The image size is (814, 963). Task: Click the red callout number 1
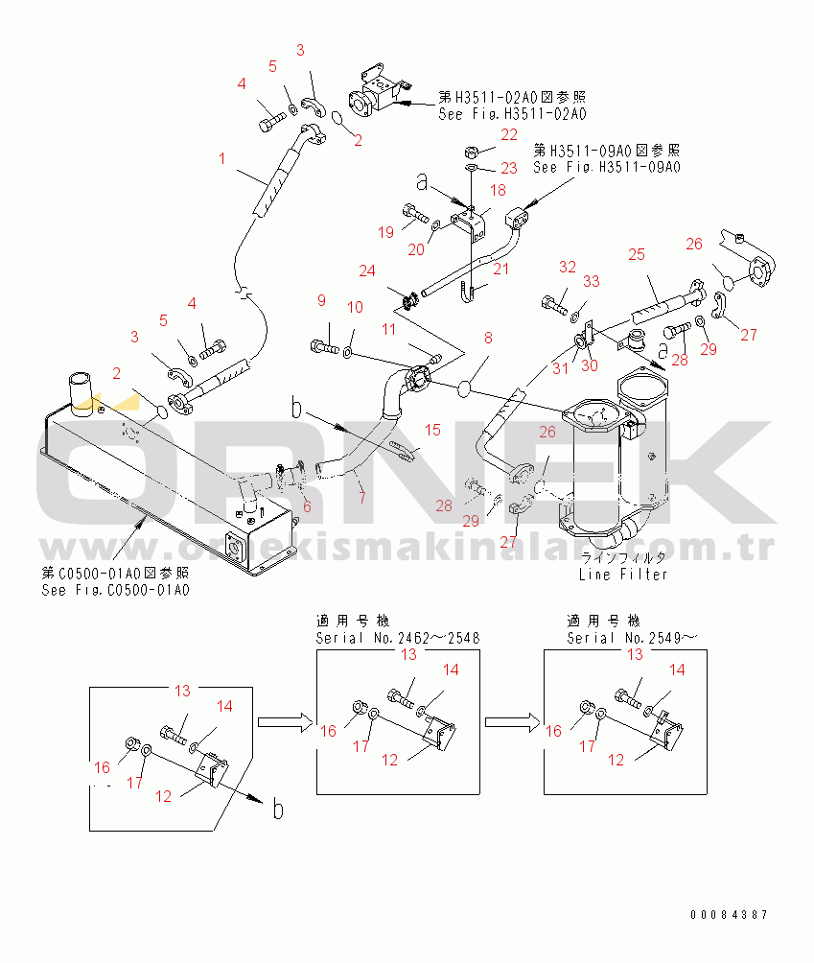coord(222,158)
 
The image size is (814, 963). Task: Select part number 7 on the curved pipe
coord(360,497)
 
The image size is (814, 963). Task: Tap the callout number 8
coord(488,338)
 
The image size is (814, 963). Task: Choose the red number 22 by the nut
coord(508,134)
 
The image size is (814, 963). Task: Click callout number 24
coord(367,270)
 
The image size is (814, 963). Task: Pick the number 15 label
coord(432,430)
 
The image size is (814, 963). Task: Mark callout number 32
coord(567,268)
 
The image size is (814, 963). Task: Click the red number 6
coord(307,507)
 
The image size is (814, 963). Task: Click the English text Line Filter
coord(622,575)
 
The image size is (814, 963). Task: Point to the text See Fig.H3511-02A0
coord(512,114)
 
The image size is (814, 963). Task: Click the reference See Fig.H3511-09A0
coord(606,167)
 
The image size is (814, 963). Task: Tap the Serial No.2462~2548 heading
coord(398,638)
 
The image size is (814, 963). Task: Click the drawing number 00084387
coord(729,915)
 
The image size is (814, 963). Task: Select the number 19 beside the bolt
coord(385,231)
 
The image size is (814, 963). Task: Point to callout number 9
coord(322,301)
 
